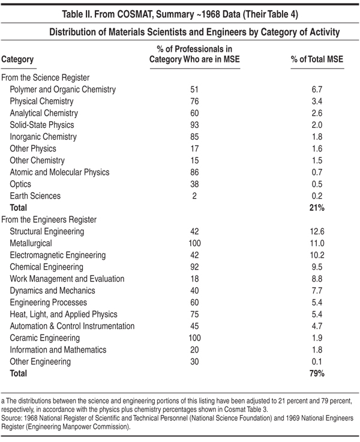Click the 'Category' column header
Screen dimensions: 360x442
click(17, 59)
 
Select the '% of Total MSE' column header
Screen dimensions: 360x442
click(317, 59)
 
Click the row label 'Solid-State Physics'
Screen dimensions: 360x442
click(41, 125)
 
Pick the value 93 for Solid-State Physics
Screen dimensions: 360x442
click(194, 125)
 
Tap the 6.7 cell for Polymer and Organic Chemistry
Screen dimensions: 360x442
click(317, 89)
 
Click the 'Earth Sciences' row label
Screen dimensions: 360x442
click(35, 196)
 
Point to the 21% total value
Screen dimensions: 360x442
click(317, 208)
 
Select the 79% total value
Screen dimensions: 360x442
click(317, 374)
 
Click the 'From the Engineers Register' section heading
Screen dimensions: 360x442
click(49, 220)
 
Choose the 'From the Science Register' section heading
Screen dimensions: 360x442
click(46, 77)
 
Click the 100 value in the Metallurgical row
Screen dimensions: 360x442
click(194, 243)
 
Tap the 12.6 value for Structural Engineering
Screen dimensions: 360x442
click(317, 231)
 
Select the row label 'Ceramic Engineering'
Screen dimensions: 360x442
click(45, 338)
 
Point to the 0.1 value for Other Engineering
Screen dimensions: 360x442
click(317, 362)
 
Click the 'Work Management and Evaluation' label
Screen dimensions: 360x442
click(67, 279)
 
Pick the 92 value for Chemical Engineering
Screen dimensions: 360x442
click(194, 267)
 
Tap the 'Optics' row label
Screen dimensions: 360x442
click(20, 184)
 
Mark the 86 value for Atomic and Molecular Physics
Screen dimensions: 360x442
click(194, 172)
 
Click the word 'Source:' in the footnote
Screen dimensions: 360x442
click(9, 418)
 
